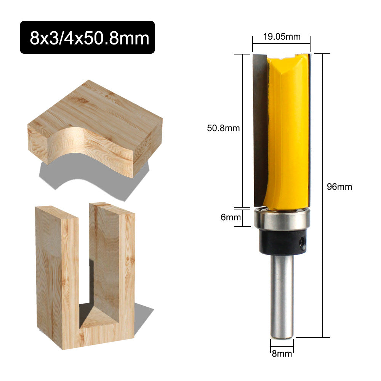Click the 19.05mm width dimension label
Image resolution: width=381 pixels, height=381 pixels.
281,37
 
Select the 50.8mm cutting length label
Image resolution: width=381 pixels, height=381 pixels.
223,128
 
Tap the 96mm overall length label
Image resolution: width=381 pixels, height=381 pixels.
339,187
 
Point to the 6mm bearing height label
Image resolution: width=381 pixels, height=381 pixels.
231,217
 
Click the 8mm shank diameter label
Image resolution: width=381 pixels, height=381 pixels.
282,353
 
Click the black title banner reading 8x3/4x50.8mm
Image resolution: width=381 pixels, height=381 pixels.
87,37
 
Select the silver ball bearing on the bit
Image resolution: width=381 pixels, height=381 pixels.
282,220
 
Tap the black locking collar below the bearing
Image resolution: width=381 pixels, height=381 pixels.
282,243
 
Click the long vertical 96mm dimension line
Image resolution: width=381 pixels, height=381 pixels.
323,190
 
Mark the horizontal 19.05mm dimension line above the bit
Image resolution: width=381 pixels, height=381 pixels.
281,44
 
